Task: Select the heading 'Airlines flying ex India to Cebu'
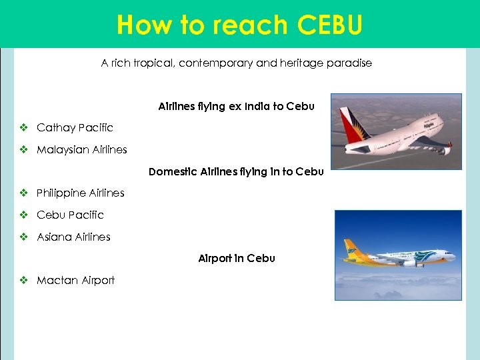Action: pyautogui.click(x=236, y=106)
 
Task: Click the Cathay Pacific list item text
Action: pyautogui.click(x=75, y=127)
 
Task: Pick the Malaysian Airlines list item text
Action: pyautogui.click(x=81, y=149)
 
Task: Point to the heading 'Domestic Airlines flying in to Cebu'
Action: pyautogui.click(x=236, y=171)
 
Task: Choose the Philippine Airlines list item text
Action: pyautogui.click(x=80, y=193)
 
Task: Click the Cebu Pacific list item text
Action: pyautogui.click(x=70, y=215)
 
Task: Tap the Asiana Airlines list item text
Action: pyautogui.click(x=73, y=237)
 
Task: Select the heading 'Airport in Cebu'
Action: pyautogui.click(x=236, y=258)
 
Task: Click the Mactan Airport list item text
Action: pyautogui.click(x=75, y=281)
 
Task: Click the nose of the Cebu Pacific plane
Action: pyautogui.click(x=454, y=256)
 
